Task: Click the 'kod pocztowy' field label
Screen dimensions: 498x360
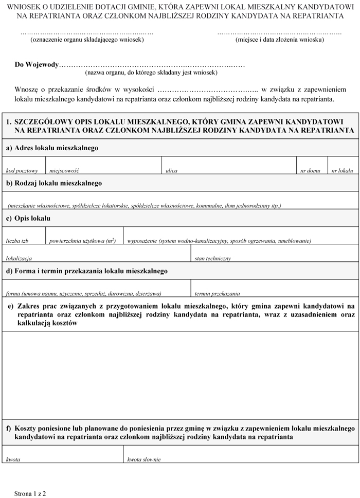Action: point(22,170)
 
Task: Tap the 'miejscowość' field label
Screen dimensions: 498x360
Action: point(64,170)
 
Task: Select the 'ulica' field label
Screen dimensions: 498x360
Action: point(171,170)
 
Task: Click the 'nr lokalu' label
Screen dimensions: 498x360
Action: point(343,170)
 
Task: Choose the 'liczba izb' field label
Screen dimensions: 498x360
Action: point(17,241)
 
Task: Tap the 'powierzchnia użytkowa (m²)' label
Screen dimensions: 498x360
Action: point(82,241)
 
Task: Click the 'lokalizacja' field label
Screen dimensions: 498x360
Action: point(19,258)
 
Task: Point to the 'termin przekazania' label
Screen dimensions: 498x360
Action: point(217,294)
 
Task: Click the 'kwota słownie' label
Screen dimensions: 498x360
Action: point(144,459)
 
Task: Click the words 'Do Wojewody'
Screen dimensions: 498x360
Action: point(37,65)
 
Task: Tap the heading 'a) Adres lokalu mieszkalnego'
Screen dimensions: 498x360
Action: point(52,148)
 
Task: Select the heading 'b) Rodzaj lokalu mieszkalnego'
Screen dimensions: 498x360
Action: point(54,183)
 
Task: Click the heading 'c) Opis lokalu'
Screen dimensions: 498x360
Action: point(28,218)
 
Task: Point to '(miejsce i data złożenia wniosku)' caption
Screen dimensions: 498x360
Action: point(279,40)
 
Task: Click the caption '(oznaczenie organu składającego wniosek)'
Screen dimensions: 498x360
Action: point(87,40)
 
